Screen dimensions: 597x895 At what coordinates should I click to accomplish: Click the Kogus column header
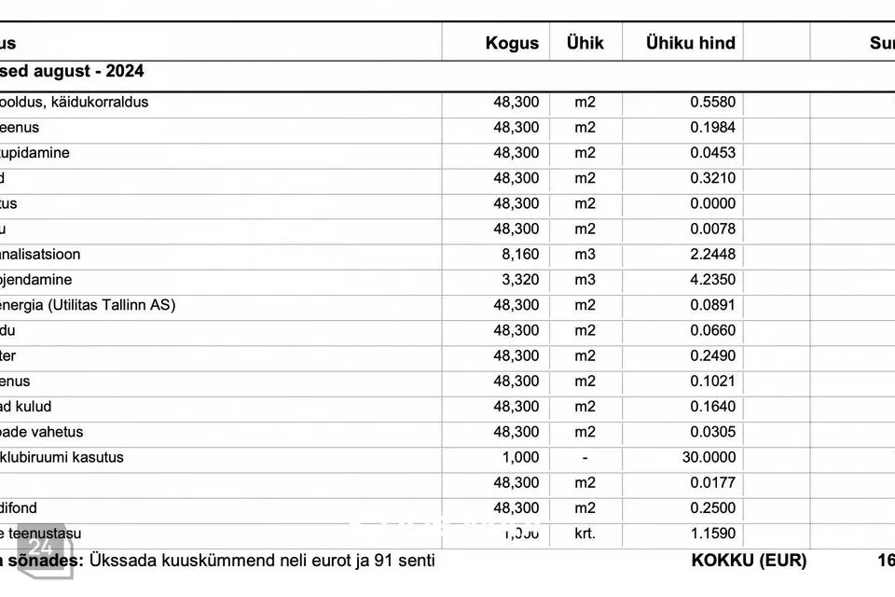[x=512, y=43]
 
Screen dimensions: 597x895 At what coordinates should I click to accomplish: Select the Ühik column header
[x=585, y=43]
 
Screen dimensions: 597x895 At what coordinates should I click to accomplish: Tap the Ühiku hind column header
[x=690, y=43]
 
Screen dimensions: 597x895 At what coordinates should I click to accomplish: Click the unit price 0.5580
[x=712, y=103]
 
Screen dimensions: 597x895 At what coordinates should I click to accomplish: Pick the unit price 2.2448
[x=712, y=255]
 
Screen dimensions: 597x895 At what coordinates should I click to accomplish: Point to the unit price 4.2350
[x=712, y=280]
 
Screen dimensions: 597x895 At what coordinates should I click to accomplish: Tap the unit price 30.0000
[x=709, y=458]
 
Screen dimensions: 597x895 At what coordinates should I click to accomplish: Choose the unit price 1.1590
[x=712, y=535]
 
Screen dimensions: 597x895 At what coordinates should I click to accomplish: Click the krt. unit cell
[x=585, y=535]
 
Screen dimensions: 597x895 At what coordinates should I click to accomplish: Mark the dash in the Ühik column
[x=585, y=458]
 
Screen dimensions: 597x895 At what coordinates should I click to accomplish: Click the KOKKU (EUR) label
[x=749, y=561]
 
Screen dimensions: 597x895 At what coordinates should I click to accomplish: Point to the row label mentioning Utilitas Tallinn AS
[x=89, y=305]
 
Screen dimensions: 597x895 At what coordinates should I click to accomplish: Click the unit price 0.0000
[x=712, y=204]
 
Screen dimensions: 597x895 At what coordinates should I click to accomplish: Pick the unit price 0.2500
[x=712, y=509]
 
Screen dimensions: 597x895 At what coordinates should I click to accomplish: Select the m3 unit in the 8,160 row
[x=585, y=255]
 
